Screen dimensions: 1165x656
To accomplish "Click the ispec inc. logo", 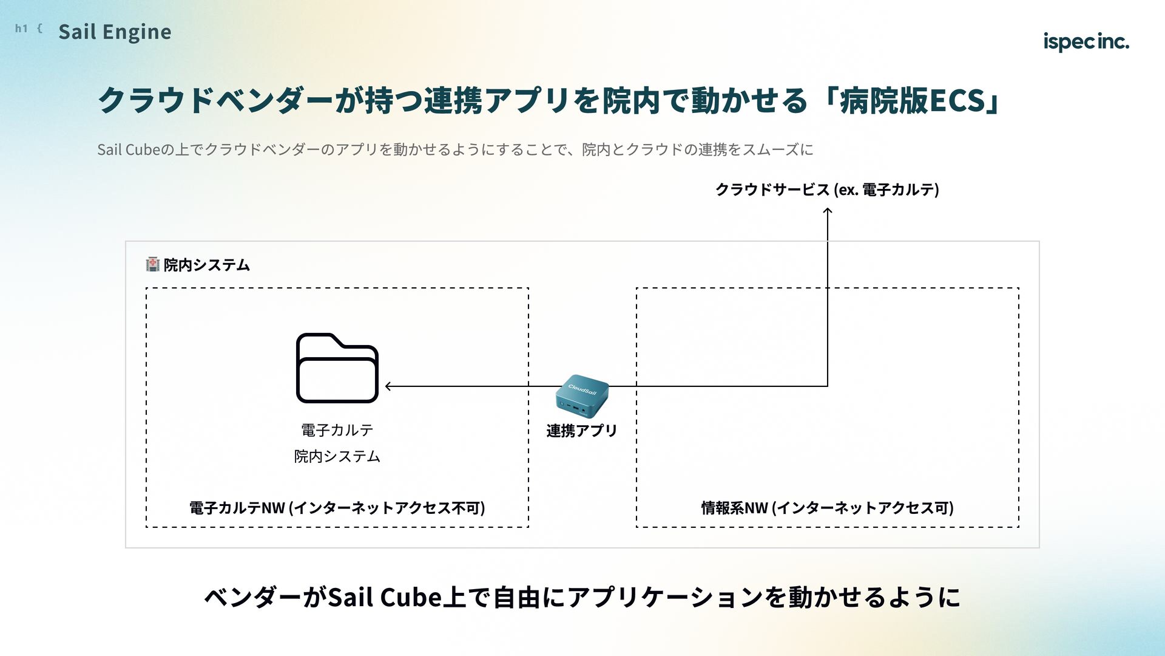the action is pyautogui.click(x=1086, y=41).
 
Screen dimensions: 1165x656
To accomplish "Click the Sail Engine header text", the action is pyautogui.click(x=115, y=32).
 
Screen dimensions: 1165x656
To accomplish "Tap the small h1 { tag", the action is pyautogui.click(x=29, y=28).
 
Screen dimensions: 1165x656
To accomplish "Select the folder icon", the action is pyautogui.click(x=337, y=367).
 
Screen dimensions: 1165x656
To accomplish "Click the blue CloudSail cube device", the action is pyautogui.click(x=581, y=395).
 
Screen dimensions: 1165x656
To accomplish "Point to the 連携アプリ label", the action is pyautogui.click(x=581, y=431).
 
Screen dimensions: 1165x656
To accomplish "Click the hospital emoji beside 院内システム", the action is pyautogui.click(x=153, y=264).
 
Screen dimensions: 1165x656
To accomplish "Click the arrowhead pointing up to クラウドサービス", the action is pyautogui.click(x=827, y=211).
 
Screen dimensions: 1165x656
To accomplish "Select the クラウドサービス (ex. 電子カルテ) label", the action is pyautogui.click(x=827, y=190).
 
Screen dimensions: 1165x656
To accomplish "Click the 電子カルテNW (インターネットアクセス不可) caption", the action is pyautogui.click(x=337, y=508).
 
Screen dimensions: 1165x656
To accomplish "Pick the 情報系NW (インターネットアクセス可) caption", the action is pyautogui.click(x=827, y=508).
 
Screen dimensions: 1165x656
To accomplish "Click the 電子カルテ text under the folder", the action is pyautogui.click(x=337, y=430).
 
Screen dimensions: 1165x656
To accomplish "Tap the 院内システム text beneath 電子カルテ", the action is pyautogui.click(x=337, y=456).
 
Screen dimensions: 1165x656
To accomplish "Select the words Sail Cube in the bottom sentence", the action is pyautogui.click(x=385, y=597).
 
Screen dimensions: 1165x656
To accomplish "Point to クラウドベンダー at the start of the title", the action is pyautogui.click(x=216, y=100).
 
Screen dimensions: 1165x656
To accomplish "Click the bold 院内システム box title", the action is pyautogui.click(x=207, y=265).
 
